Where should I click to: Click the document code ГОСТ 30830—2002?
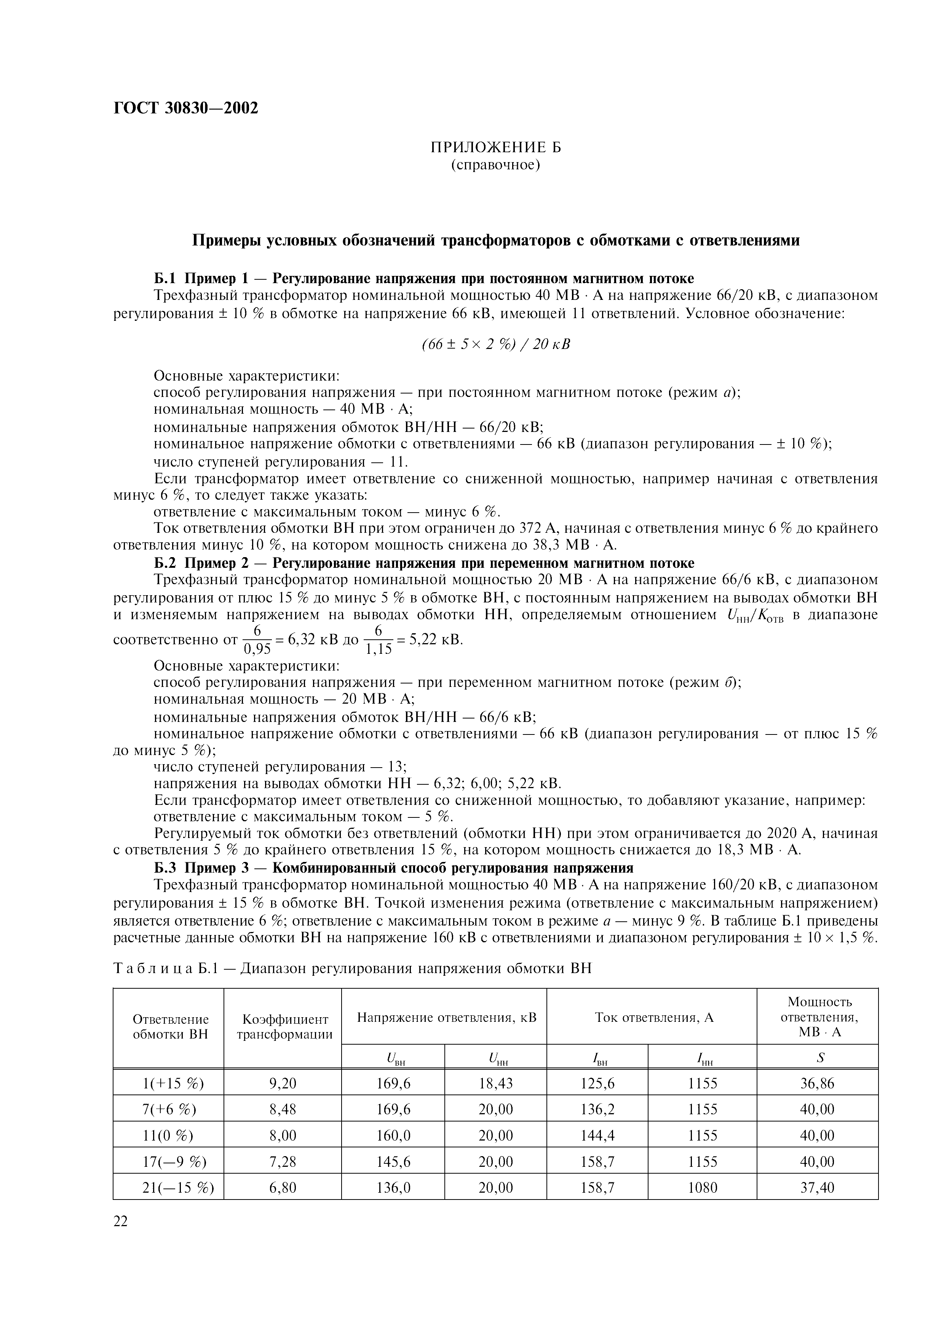[185, 108]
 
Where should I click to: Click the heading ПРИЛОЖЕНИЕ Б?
[495, 148]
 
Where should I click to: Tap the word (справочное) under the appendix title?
[495, 166]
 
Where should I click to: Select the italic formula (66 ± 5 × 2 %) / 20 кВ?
[495, 344]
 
